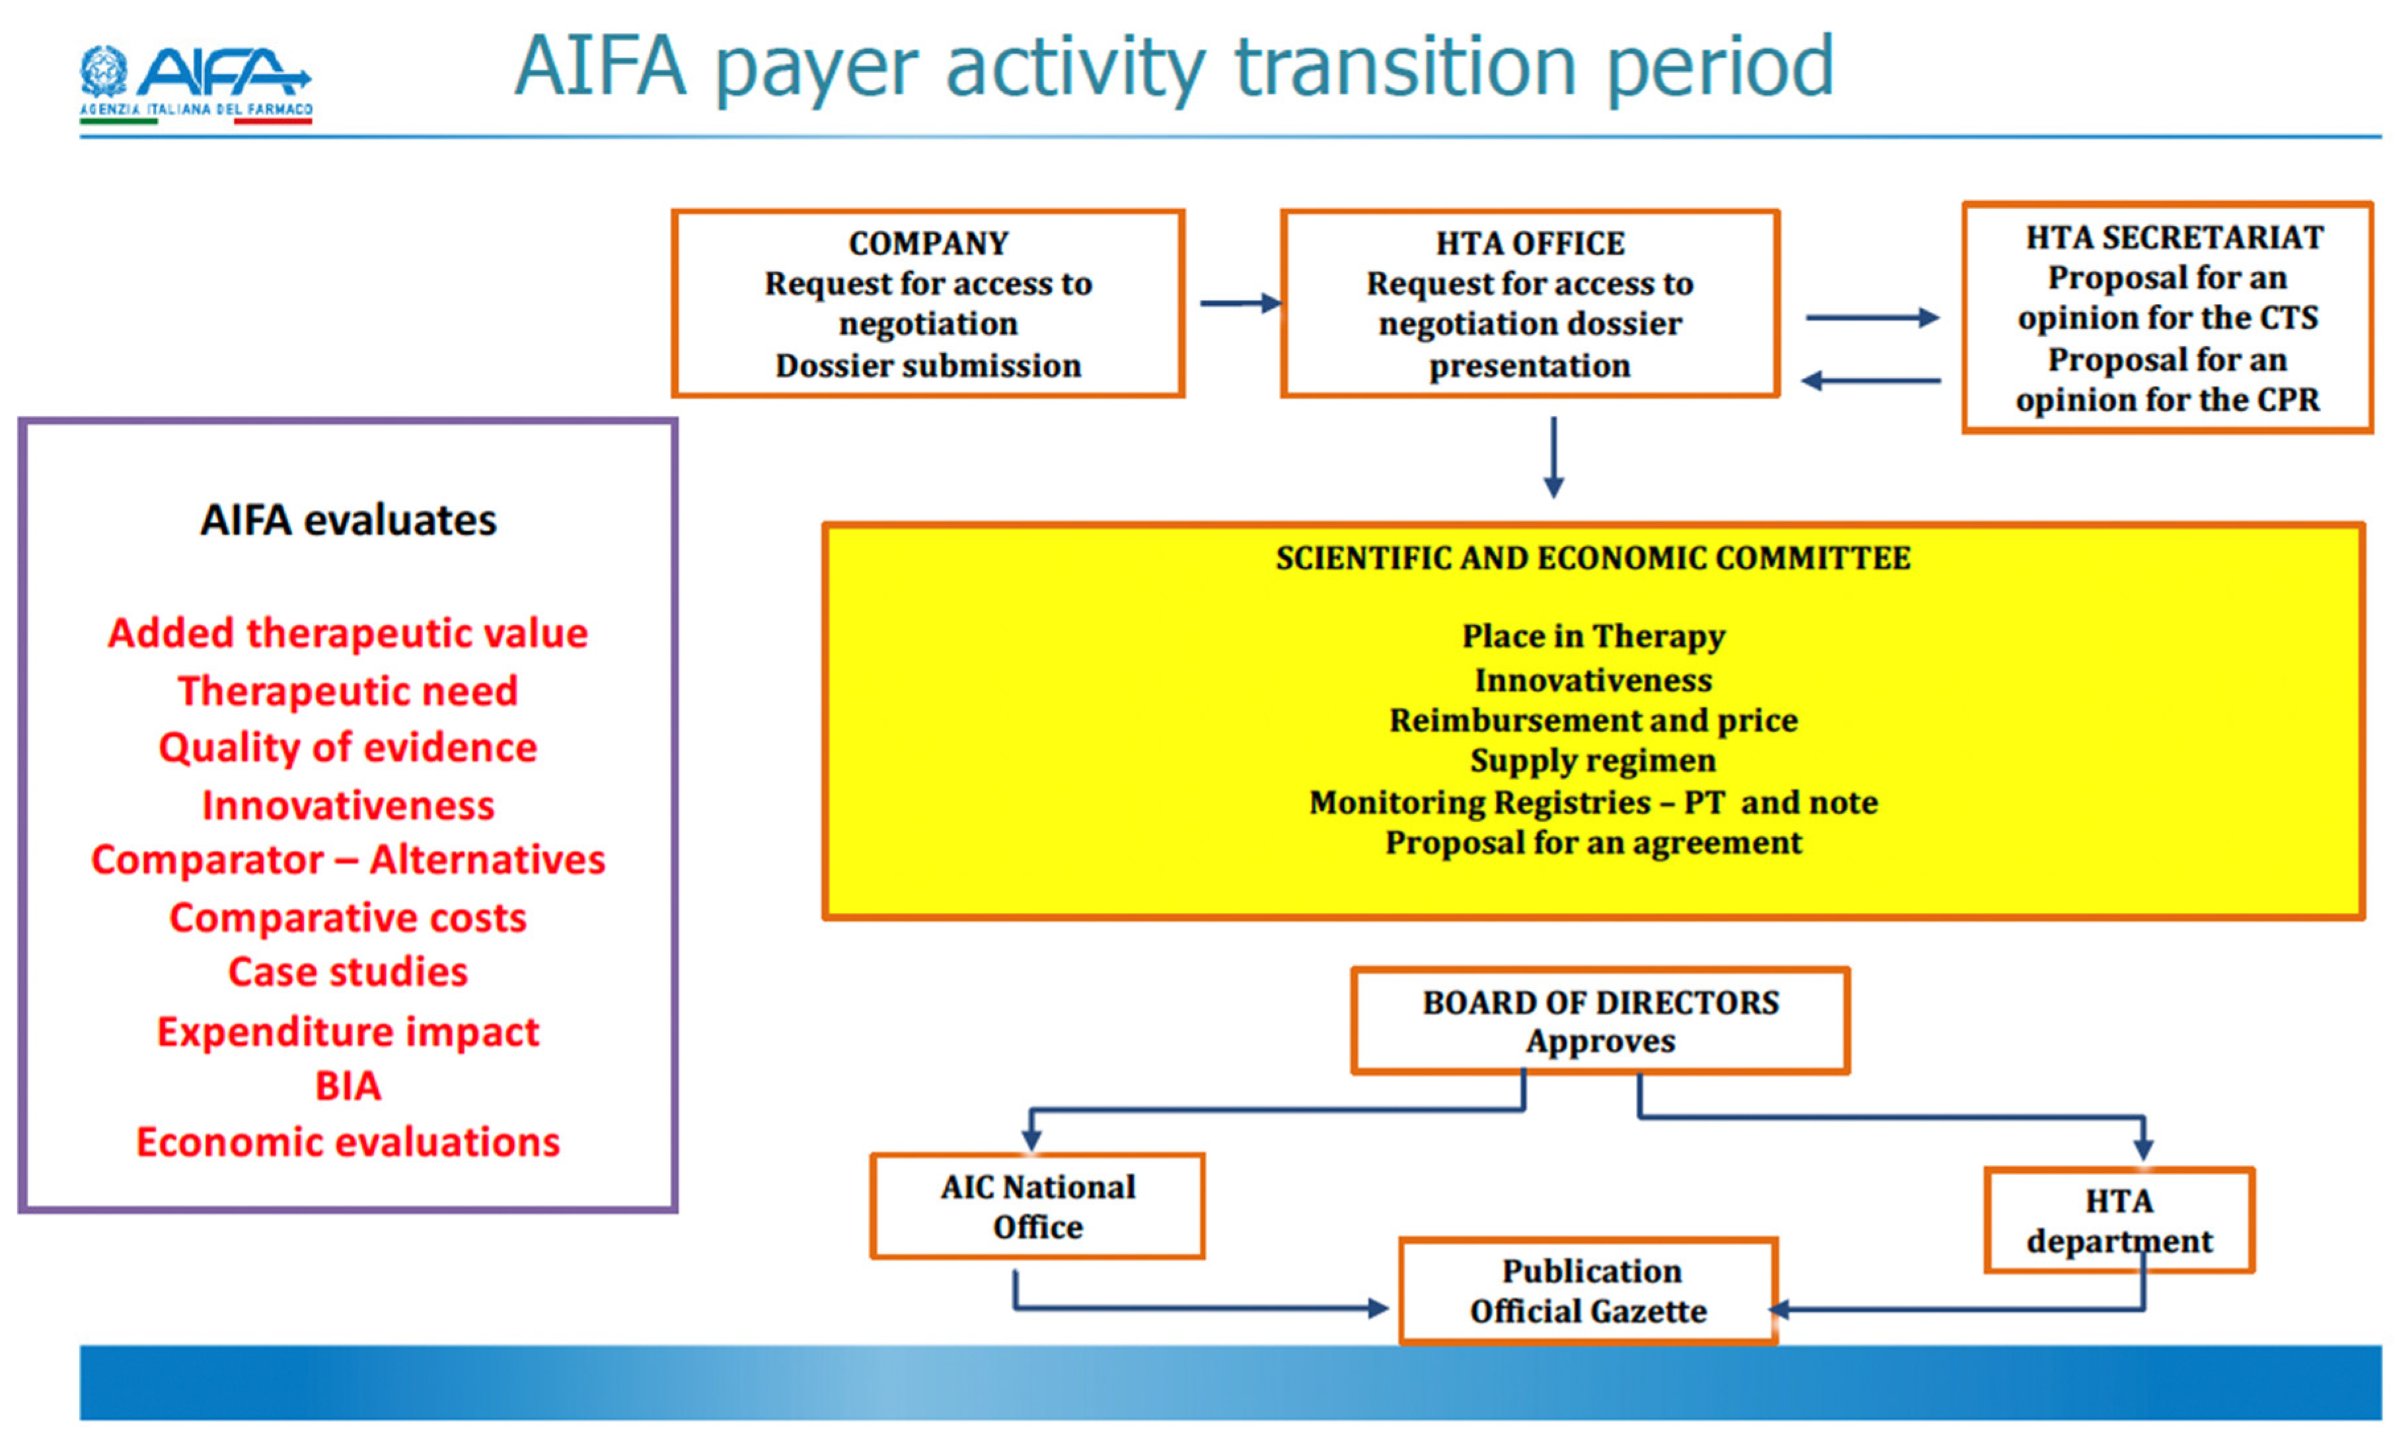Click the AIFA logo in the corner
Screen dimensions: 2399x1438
(x=196, y=85)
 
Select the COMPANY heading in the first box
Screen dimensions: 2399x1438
(x=928, y=243)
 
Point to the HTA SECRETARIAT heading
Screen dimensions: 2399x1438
(x=2175, y=237)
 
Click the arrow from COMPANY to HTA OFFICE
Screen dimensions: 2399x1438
(x=1241, y=303)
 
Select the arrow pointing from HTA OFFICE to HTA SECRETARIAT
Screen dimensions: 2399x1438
(x=1872, y=317)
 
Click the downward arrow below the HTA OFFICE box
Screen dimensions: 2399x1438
(x=1554, y=457)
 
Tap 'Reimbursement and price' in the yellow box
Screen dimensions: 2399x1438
(x=1594, y=720)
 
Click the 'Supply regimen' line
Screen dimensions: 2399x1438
(x=1594, y=761)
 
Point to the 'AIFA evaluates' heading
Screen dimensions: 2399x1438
(x=348, y=521)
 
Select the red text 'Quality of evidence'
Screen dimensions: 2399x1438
(x=348, y=748)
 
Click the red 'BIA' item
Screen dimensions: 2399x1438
(x=348, y=1086)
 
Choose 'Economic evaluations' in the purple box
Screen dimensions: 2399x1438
(x=348, y=1143)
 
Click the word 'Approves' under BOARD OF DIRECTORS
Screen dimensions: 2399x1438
(x=1600, y=1042)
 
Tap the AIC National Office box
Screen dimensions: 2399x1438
(x=1037, y=1206)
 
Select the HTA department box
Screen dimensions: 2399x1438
(x=2120, y=1221)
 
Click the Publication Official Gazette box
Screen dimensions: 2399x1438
(x=1589, y=1291)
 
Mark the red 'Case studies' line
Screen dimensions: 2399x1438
(x=348, y=972)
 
